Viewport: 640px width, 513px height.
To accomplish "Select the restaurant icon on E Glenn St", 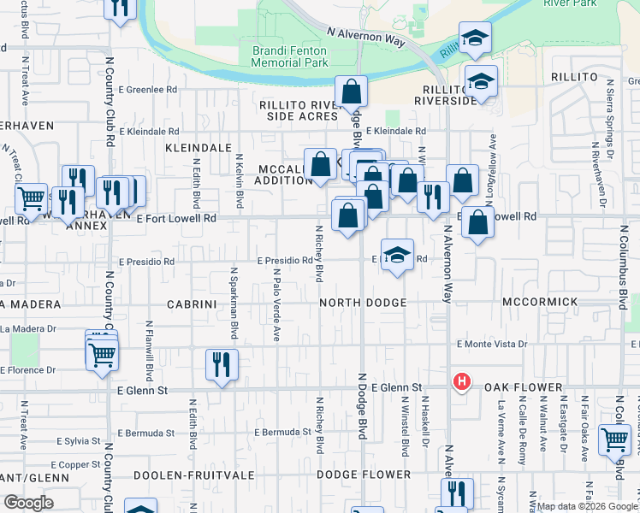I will click(222, 364).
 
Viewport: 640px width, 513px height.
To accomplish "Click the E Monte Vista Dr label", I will click(492, 344).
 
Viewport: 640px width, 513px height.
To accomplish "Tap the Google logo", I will click(28, 503).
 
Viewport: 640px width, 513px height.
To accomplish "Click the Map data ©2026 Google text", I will click(586, 506).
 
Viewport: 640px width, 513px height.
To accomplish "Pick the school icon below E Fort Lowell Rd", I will click(396, 254).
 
